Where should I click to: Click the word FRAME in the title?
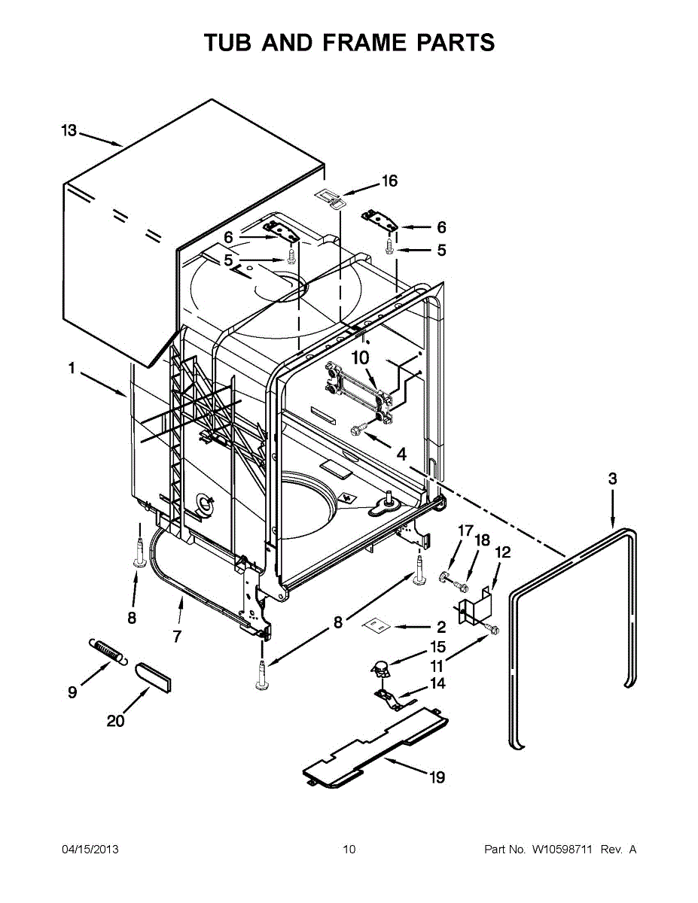point(363,42)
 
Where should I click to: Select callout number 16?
point(389,181)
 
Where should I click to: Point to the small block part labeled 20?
point(153,678)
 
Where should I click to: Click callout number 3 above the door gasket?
point(613,479)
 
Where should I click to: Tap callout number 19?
point(437,777)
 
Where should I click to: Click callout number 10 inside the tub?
point(361,357)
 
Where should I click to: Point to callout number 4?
point(401,455)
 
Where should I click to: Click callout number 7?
point(178,636)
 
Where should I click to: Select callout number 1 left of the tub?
point(72,368)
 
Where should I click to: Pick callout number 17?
point(465,531)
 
